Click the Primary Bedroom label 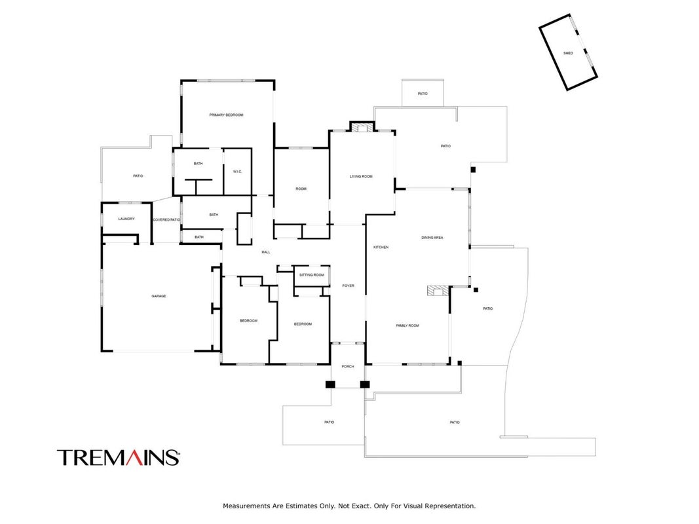coord(227,115)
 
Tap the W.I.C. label coord(238,172)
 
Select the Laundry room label coord(126,219)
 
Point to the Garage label coord(159,296)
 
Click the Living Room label coord(361,176)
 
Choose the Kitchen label coord(381,247)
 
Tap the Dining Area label coord(432,238)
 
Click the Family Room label coord(407,326)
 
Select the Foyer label coord(348,286)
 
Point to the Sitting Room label coord(312,275)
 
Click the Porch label coord(348,366)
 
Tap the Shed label coord(568,53)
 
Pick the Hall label coord(266,252)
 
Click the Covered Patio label coord(167,219)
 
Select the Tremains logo coord(119,458)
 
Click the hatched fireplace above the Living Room coord(362,128)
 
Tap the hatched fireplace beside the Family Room coord(438,291)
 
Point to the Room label coord(301,189)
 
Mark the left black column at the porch coord(330,384)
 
